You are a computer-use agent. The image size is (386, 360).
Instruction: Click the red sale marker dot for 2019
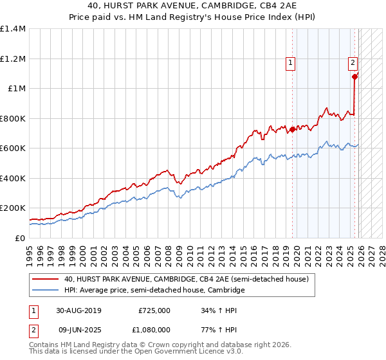(292, 129)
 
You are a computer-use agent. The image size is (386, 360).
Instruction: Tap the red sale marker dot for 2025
(354, 76)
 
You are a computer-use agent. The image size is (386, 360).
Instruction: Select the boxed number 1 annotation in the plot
(291, 63)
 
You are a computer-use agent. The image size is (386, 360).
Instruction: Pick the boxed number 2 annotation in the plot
(353, 63)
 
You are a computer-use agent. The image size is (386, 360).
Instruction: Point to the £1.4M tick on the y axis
(13, 29)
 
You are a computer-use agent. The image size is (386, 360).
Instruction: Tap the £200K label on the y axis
(13, 208)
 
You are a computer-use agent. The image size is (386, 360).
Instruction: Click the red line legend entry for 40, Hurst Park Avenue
(187, 280)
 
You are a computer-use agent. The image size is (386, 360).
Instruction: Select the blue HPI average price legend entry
(154, 291)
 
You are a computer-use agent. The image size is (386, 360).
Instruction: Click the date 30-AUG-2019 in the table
(78, 310)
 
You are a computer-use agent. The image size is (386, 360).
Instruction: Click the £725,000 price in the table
(154, 310)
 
